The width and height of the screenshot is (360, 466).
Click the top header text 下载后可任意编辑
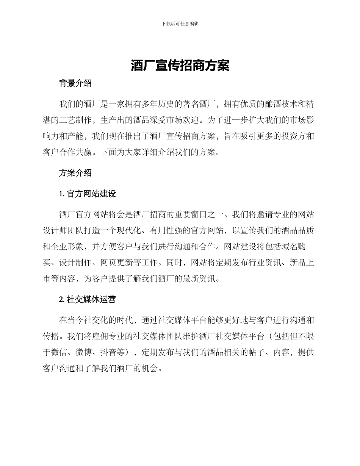pyautogui.click(x=180, y=23)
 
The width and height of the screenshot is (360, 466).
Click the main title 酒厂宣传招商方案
pyautogui.click(x=180, y=66)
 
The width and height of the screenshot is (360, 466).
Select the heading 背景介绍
pyautogui.click(x=75, y=84)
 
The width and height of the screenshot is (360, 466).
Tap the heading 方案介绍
pyautogui.click(x=75, y=173)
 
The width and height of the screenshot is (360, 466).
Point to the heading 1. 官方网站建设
pyautogui.click(x=88, y=194)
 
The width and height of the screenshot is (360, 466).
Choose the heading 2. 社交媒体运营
pyautogui.click(x=88, y=299)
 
